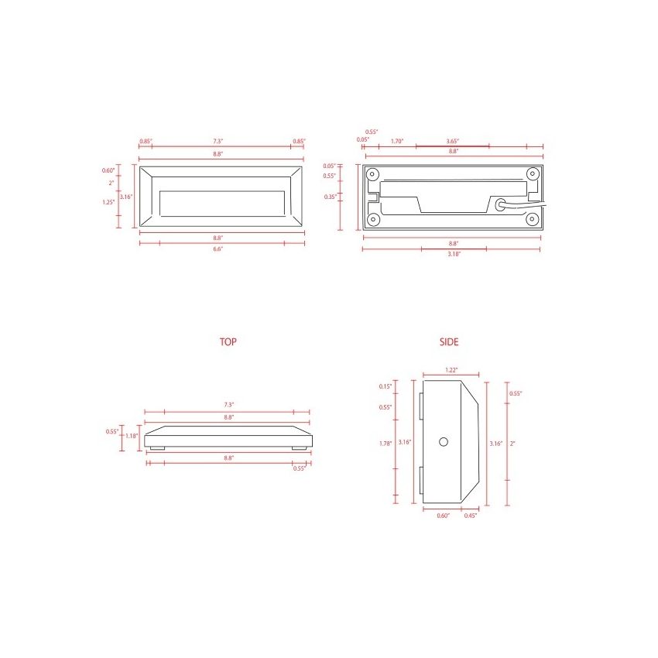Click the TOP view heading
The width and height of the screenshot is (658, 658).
[x=228, y=341]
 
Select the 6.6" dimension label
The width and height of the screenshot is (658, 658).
[x=218, y=249]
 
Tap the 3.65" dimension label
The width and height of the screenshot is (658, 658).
[x=453, y=141]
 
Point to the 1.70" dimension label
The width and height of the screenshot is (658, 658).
[x=397, y=141]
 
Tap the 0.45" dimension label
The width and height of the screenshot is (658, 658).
[x=471, y=516]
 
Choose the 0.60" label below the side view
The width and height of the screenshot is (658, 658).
[x=442, y=516]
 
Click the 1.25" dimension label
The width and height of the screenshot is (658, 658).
[x=108, y=201]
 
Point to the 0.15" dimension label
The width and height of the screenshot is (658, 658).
[x=386, y=386]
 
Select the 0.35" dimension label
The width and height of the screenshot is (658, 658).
[x=330, y=197]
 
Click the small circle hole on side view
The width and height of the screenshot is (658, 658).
[x=444, y=441]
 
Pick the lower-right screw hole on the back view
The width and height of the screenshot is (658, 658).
[x=533, y=219]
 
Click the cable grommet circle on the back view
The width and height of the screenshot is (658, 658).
[x=503, y=206]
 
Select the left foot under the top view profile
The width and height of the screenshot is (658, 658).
[x=157, y=448]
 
